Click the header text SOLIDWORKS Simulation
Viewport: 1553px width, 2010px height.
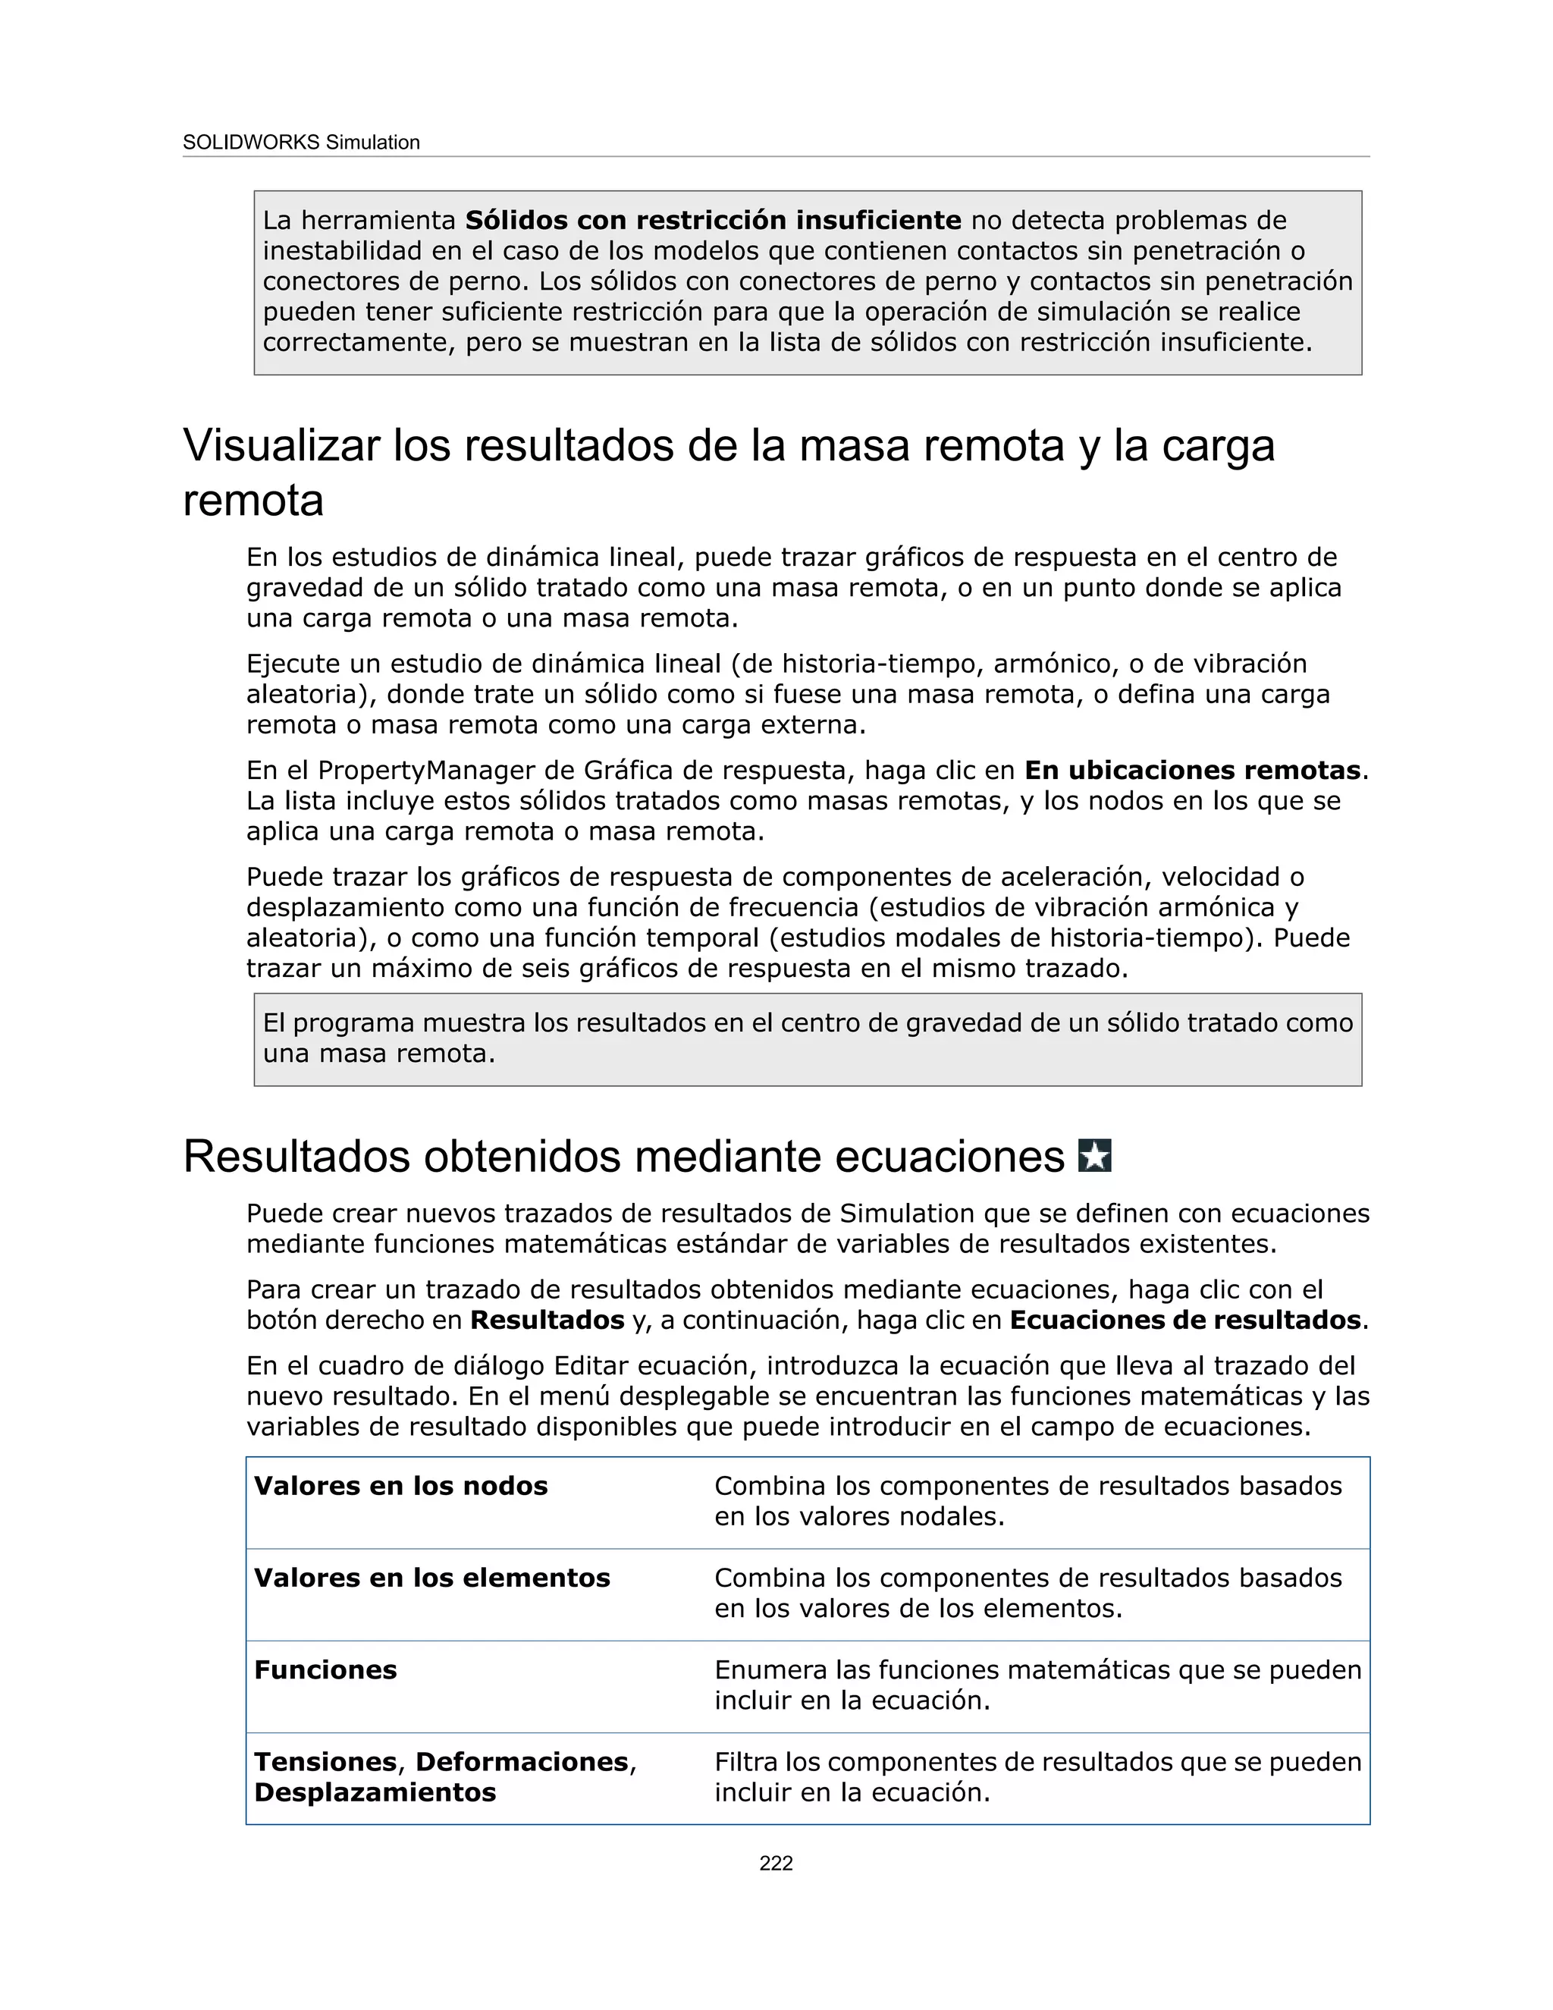[301, 143]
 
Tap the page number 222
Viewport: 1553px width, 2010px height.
[776, 1863]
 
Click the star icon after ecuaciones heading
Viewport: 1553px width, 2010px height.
[1094, 1155]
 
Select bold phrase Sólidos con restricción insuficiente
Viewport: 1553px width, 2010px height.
[713, 221]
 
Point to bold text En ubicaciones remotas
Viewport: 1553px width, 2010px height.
[1192, 771]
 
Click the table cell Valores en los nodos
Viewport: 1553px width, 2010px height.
[401, 1487]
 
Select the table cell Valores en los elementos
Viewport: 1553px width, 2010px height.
[432, 1578]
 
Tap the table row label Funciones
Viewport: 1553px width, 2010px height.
[325, 1670]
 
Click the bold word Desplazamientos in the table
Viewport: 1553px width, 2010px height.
[375, 1793]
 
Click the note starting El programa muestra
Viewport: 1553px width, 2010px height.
[807, 1038]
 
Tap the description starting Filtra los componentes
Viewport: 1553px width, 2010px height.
[1037, 1777]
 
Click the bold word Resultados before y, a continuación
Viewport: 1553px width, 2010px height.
[547, 1321]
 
